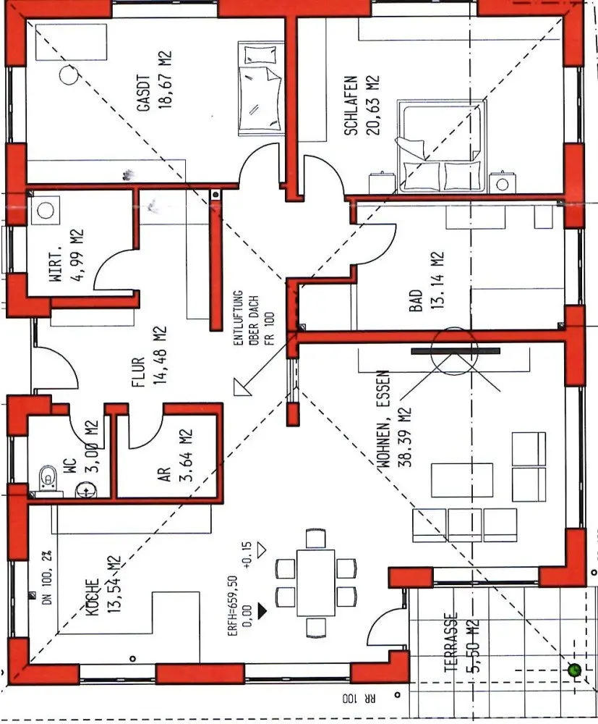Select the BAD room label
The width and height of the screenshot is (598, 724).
tap(416, 300)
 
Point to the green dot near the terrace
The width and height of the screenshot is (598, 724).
tap(575, 670)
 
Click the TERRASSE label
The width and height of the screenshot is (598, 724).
tap(452, 643)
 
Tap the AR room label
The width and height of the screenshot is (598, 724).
tap(165, 474)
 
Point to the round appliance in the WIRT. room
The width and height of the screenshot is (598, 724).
tap(46, 210)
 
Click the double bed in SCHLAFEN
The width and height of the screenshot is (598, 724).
tap(441, 147)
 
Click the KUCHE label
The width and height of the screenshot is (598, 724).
tap(91, 598)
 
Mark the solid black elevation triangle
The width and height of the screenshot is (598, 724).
tap(262, 610)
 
